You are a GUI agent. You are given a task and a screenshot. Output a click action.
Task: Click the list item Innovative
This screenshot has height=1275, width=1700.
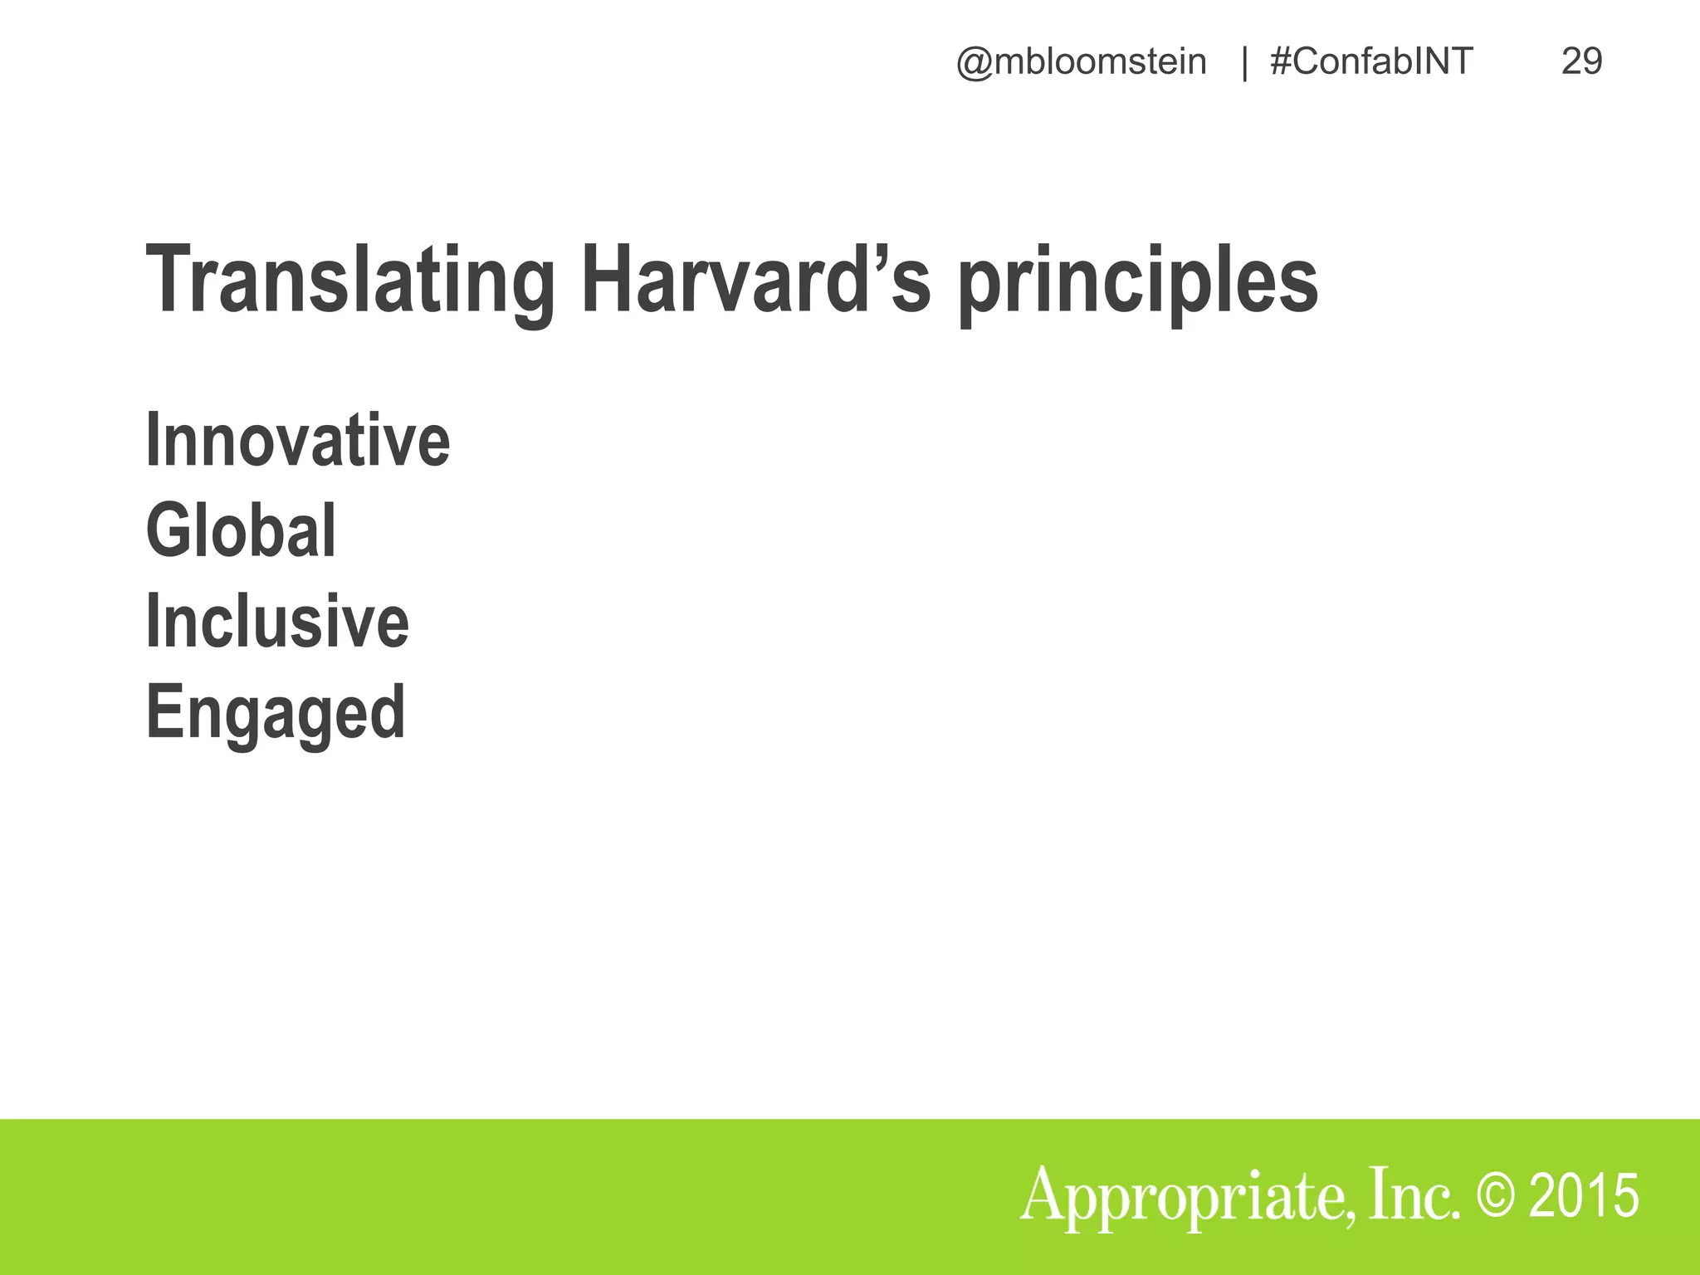[x=297, y=440]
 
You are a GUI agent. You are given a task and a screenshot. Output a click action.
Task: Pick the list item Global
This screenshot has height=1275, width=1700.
[x=241, y=531]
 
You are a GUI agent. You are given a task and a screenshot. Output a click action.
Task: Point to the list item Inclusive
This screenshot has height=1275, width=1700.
[x=277, y=622]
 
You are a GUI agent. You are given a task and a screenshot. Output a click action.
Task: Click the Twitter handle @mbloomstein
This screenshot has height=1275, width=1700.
[x=1081, y=62]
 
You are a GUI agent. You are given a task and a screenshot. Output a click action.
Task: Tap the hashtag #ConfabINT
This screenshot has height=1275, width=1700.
[x=1371, y=62]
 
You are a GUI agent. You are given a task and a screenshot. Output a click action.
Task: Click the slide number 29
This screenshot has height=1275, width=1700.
[x=1581, y=62]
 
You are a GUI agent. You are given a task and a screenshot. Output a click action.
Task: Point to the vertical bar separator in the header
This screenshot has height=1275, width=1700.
[x=1243, y=63]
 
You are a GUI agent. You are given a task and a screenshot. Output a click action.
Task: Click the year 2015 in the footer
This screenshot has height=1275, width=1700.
[x=1584, y=1196]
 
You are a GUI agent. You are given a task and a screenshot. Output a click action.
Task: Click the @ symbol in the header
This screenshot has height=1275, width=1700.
[x=974, y=64]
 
